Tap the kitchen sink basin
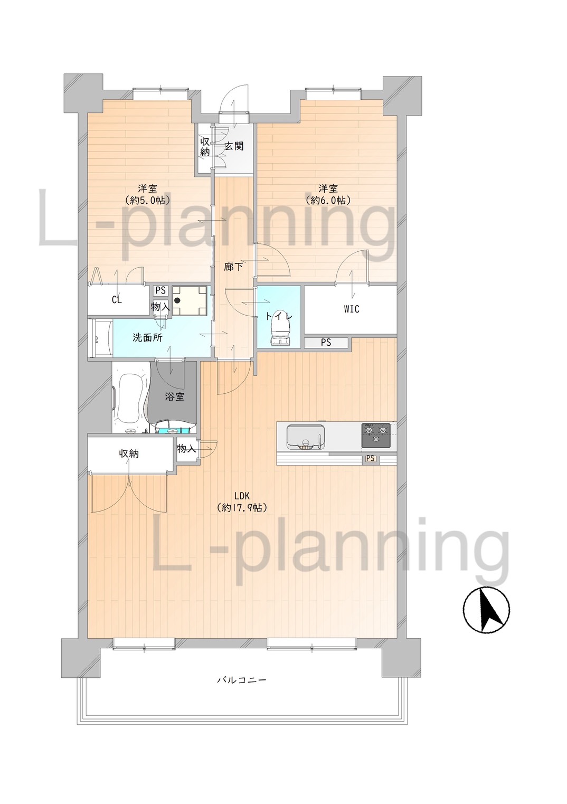click(305, 437)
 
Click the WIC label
click(351, 309)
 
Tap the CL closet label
click(117, 300)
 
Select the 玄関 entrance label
click(234, 146)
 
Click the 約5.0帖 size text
click(147, 200)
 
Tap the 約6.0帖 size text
click(328, 200)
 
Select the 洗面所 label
click(147, 337)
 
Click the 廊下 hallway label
click(234, 266)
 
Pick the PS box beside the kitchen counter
click(370, 458)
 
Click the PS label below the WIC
click(326, 343)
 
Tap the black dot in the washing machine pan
click(177, 300)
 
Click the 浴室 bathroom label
click(175, 396)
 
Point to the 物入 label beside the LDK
click(186, 448)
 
